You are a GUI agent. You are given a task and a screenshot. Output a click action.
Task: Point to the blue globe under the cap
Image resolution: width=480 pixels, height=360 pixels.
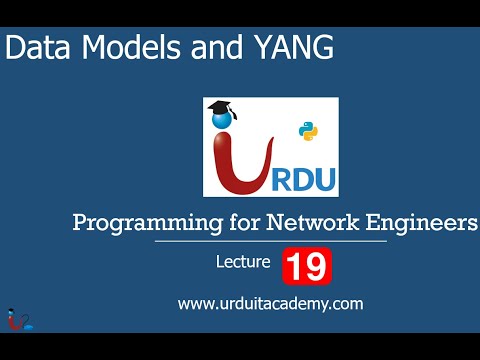pos(222,122)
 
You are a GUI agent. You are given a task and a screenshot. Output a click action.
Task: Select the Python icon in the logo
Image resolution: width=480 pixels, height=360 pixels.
pos(308,131)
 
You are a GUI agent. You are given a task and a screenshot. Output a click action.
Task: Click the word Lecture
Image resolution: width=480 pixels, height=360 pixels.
pos(243,264)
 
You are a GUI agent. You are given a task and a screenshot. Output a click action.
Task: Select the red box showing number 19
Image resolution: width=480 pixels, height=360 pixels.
pos(306,266)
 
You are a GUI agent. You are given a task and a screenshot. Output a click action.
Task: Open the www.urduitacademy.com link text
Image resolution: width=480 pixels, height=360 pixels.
pos(270,303)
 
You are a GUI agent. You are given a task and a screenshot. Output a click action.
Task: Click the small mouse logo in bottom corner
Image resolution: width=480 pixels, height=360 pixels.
pos(14,318)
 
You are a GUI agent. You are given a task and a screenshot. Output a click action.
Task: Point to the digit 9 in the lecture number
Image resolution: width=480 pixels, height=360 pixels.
pos(315,266)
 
